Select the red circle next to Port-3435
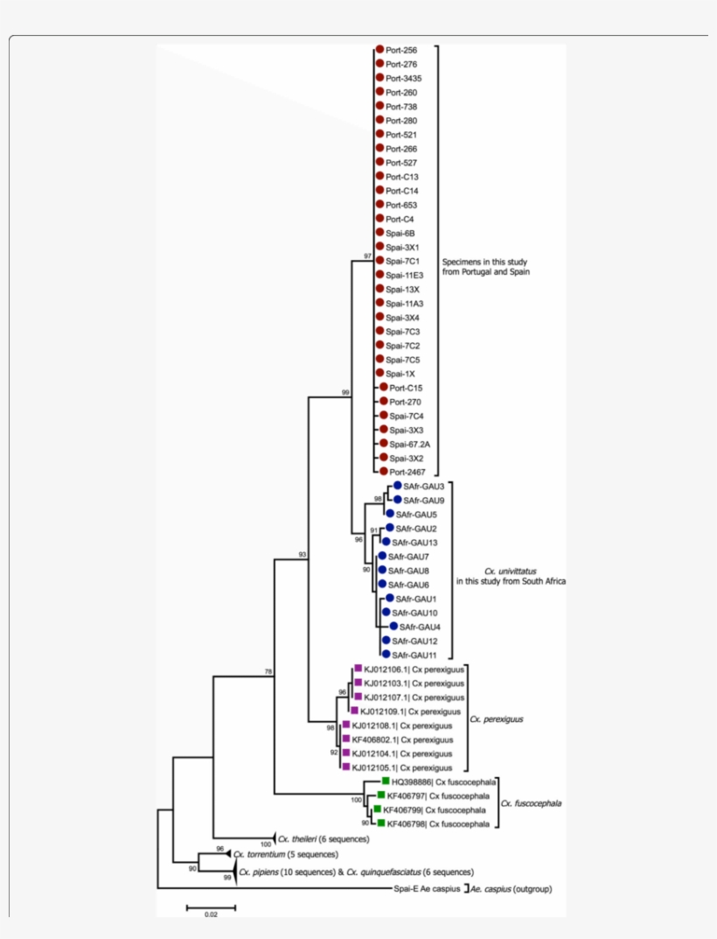tap(379, 78)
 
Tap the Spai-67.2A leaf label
tap(410, 444)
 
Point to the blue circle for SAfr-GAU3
tap(397, 486)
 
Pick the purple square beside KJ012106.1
tap(358, 669)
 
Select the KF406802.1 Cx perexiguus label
tap(402, 739)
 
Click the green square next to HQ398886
tap(385, 781)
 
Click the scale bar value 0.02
tap(211, 914)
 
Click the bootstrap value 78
tap(268, 671)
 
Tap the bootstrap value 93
tap(303, 555)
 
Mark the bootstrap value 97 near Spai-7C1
tap(368, 256)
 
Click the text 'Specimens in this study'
tap(484, 262)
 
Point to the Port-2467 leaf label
tap(406, 472)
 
